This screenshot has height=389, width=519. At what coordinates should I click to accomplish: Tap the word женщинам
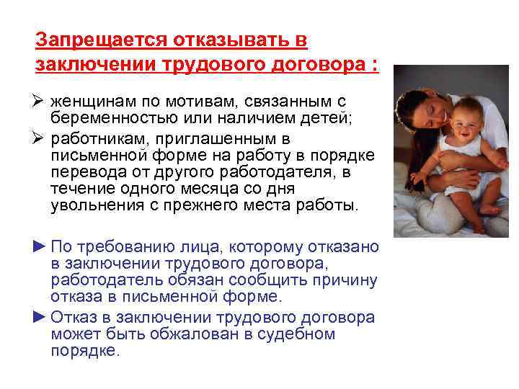coord(91,102)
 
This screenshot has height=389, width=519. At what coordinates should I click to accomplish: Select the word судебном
coord(302,334)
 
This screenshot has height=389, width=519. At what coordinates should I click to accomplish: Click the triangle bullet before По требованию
coord(40,246)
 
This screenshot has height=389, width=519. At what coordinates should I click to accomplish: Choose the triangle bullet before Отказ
coord(40,317)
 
